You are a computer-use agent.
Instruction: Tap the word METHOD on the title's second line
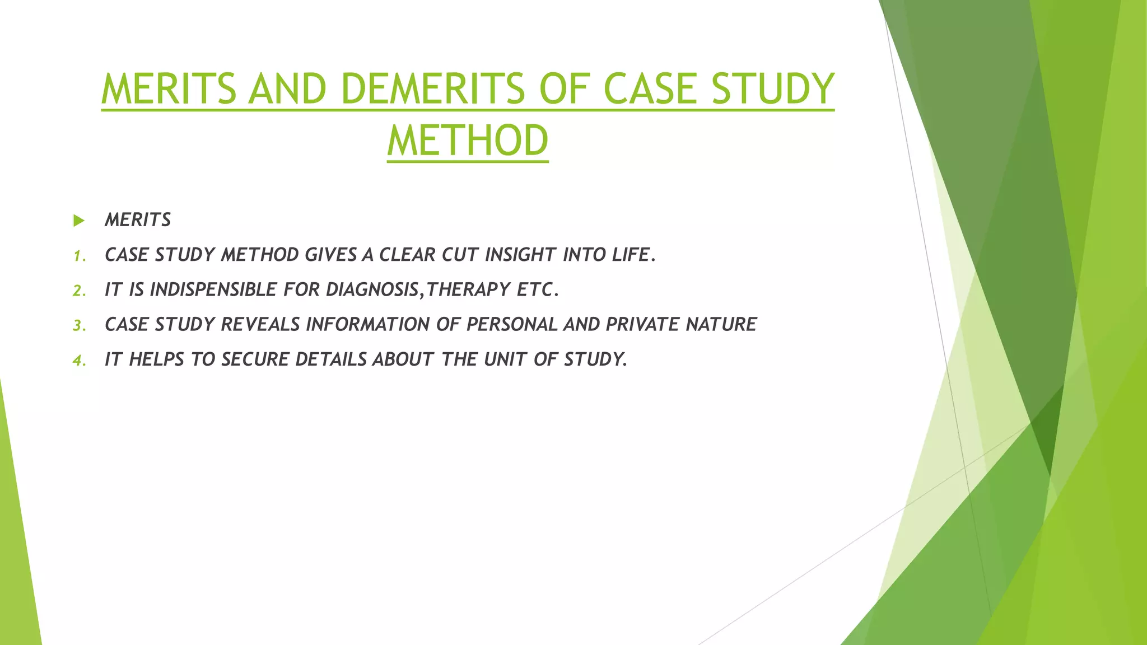(x=468, y=141)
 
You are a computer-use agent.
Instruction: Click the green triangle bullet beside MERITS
(x=79, y=221)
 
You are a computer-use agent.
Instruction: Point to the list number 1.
(x=79, y=256)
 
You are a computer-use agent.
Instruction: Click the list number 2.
(x=79, y=291)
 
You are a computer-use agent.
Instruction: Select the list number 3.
(x=79, y=325)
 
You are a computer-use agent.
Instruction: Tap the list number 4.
(x=79, y=360)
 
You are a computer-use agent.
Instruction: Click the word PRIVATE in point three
(x=642, y=324)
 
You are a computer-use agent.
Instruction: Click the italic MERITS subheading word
(x=138, y=220)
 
